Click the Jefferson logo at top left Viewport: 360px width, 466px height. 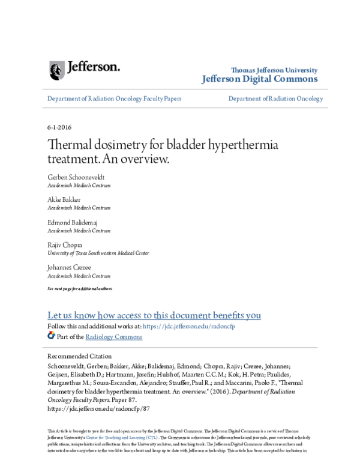pos(85,69)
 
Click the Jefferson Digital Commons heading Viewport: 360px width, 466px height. pos(260,79)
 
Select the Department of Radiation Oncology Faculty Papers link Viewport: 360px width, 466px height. pos(114,98)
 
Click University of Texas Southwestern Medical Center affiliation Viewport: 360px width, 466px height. pos(98,253)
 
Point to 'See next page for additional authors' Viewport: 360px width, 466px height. pos(79,289)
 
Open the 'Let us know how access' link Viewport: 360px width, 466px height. pos(154,315)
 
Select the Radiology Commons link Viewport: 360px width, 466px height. pos(114,337)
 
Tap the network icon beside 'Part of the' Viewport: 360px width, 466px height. pos(51,336)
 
